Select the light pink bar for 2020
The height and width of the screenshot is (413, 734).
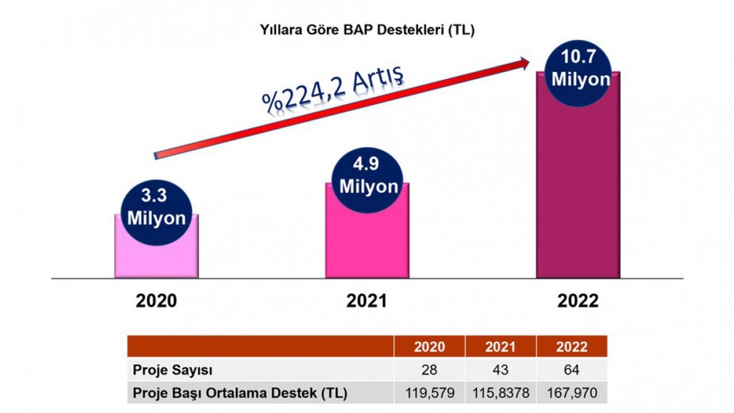156,258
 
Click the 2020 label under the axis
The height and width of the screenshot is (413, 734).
156,301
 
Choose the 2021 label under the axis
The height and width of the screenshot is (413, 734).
366,301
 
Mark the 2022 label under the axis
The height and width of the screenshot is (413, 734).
577,301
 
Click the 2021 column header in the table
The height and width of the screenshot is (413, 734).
501,347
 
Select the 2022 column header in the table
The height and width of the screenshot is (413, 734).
572,347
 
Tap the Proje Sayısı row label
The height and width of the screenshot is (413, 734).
166,370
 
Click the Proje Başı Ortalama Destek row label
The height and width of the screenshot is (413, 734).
240,394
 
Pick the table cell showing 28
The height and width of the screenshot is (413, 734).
429,370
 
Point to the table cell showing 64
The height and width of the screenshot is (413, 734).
572,370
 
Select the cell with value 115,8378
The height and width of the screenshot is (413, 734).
501,394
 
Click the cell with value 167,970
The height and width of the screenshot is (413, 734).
572,394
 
